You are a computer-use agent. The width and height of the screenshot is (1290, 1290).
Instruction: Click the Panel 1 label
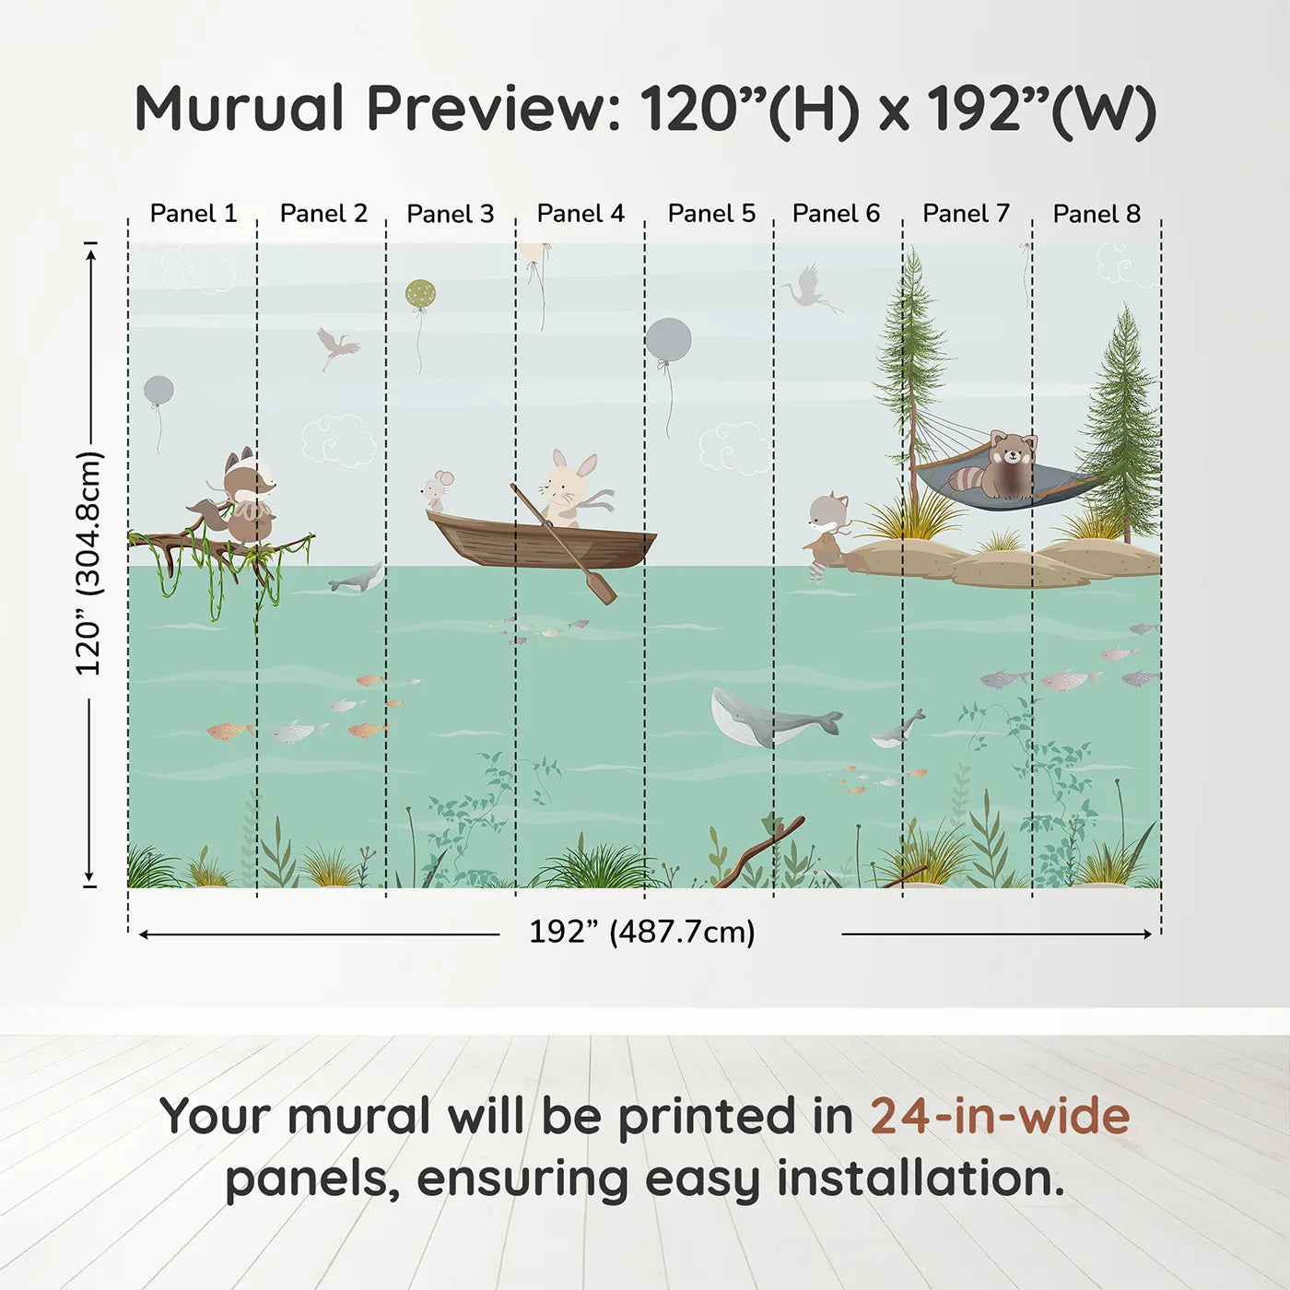coord(193,214)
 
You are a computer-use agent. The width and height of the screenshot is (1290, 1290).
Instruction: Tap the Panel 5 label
coord(711,214)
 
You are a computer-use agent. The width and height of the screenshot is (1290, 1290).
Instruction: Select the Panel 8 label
coord(1096,214)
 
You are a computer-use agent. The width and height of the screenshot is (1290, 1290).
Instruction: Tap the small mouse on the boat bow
coord(437,490)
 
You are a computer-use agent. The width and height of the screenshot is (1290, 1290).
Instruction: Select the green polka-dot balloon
coord(420,295)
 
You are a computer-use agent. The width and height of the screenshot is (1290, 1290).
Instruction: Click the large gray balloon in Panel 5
coord(668,341)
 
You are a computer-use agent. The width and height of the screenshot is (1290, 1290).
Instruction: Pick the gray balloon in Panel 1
coord(158,390)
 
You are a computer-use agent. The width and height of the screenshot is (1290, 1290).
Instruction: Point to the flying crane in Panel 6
coord(809,287)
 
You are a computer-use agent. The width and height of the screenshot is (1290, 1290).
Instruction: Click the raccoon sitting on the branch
coord(245,498)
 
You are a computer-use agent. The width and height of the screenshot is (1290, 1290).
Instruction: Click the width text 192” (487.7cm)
coord(642,932)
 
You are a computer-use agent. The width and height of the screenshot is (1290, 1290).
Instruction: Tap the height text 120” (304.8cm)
coord(88,564)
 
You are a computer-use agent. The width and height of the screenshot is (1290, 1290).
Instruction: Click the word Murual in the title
coord(240,109)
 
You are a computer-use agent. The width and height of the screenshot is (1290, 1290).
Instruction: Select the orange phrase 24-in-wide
coord(1000,1116)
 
